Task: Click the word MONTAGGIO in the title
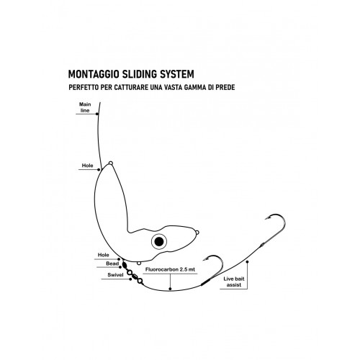[x=94, y=74]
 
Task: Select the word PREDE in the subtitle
[x=225, y=87]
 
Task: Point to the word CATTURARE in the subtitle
[x=131, y=87]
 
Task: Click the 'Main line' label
[x=85, y=107]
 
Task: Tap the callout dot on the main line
[x=97, y=114]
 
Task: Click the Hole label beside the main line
[x=87, y=166]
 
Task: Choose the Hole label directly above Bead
[x=103, y=255]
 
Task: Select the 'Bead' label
[x=112, y=264]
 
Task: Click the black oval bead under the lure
[x=125, y=265]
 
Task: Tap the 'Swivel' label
[x=115, y=275]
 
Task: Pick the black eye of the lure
[x=159, y=241]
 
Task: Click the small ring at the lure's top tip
[x=110, y=163]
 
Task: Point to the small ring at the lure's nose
[x=197, y=232]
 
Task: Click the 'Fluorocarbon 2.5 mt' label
[x=170, y=269]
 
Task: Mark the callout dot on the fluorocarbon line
[x=170, y=289]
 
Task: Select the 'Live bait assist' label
[x=234, y=282]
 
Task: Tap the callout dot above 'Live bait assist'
[x=247, y=261]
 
